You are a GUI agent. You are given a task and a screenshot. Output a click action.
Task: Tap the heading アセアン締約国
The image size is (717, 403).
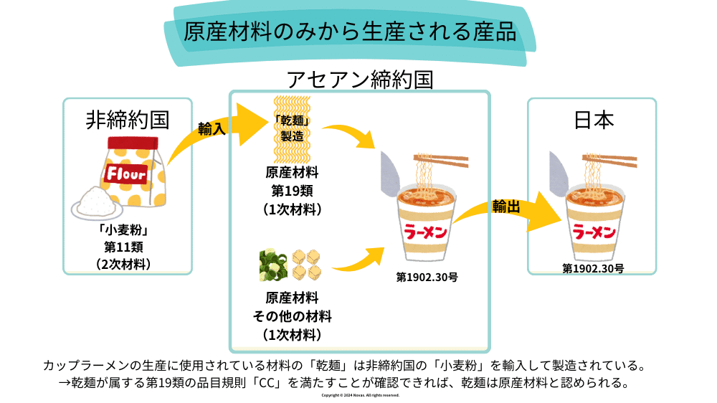pos(359,79)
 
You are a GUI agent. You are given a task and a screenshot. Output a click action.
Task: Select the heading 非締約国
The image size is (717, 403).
pos(128,119)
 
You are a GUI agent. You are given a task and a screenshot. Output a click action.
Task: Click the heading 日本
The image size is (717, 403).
pos(594,119)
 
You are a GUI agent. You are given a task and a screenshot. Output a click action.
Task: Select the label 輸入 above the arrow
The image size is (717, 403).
pos(212,128)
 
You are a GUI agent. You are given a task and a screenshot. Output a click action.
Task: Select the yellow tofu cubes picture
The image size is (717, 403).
pos(308,265)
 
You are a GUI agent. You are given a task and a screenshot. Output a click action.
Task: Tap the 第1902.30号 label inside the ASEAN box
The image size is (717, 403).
pos(427,276)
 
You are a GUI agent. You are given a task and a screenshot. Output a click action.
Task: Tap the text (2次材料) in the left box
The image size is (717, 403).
pos(128,264)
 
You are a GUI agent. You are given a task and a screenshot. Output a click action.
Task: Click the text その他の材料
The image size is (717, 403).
pos(291,316)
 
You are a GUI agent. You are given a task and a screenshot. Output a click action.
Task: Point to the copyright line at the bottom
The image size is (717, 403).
pos(360,395)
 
